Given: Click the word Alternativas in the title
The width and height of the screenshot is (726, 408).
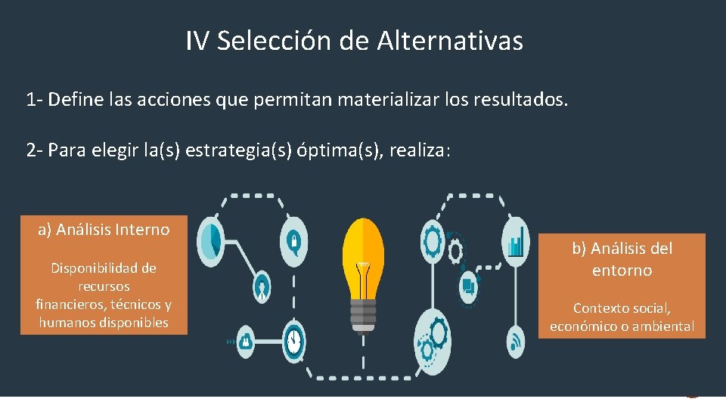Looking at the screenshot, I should [x=448, y=41].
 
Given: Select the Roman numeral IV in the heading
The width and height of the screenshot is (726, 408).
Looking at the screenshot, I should [x=197, y=41].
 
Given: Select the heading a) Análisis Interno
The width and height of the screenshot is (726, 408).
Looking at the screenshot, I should [x=104, y=230].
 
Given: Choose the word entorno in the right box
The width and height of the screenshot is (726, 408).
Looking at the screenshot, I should [x=622, y=270].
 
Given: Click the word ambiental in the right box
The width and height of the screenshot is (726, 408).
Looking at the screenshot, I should [x=665, y=326].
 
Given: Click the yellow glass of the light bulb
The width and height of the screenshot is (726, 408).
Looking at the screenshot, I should [x=363, y=249].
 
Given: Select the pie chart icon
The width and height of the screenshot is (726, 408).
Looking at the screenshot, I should [x=211, y=240].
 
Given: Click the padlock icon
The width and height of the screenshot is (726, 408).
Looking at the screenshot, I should [x=293, y=240].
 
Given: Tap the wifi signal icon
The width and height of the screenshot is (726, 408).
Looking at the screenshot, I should [x=517, y=341].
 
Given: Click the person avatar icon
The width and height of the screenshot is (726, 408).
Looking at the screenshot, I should [x=262, y=286].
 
